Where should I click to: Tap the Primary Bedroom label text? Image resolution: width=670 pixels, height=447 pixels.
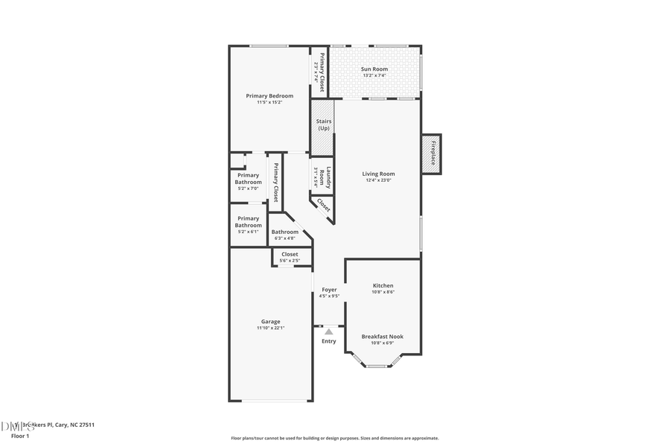point(269,96)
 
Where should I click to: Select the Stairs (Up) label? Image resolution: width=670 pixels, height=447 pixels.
point(323,124)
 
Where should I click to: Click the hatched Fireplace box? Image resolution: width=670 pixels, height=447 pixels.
point(432,154)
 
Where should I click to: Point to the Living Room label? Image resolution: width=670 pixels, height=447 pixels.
point(378,174)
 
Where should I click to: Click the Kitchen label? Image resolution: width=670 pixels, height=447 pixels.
point(383,285)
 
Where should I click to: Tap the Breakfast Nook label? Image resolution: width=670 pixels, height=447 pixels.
point(383,337)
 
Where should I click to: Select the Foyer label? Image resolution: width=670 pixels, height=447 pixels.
point(329,290)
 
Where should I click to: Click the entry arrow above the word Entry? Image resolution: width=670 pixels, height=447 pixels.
point(328,331)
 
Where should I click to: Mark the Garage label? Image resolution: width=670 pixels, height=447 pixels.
point(270,322)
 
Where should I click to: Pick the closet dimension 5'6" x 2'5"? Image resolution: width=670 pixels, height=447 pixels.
point(290,260)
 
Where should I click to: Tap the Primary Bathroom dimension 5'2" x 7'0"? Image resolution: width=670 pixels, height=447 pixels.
point(248,188)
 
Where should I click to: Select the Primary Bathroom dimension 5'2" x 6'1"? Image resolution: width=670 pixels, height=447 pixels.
point(248,232)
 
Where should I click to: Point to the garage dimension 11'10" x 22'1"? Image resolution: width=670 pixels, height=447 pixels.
point(270,328)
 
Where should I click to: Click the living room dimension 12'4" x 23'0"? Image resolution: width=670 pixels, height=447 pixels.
point(378,180)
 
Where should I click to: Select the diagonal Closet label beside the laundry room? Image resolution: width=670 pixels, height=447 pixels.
point(324,205)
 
